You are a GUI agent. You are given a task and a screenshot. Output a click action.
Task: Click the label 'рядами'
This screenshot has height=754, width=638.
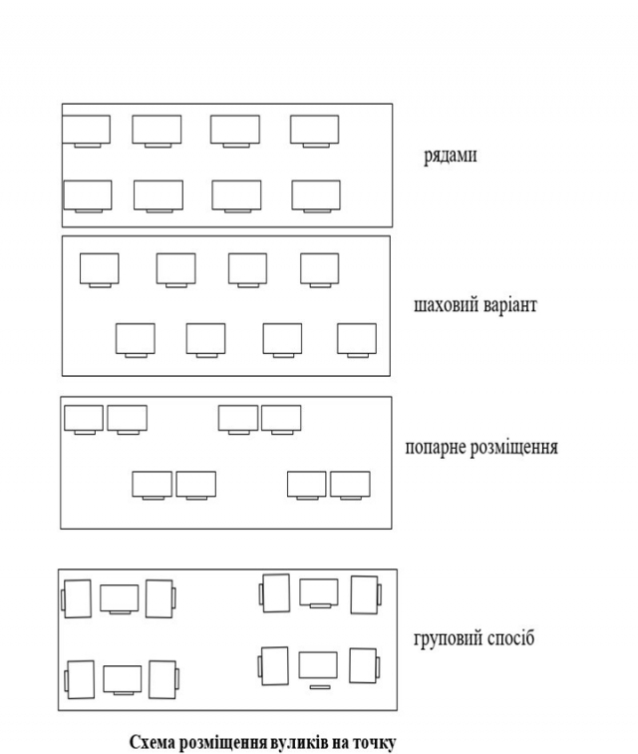[450, 156]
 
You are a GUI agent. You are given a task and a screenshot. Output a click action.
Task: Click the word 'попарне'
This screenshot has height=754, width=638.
[435, 447]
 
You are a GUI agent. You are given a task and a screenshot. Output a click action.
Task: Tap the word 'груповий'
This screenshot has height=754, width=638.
[448, 638]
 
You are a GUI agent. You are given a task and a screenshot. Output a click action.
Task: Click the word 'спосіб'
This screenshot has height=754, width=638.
[510, 638]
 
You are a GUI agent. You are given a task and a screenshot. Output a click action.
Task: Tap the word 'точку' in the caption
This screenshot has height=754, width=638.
[374, 742]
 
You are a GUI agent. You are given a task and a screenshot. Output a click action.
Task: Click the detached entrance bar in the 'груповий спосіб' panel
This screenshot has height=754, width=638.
[320, 687]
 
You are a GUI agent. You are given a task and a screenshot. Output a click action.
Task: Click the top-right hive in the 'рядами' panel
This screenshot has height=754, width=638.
[314, 131]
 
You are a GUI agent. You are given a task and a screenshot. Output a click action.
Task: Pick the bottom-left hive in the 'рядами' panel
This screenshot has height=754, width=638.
[88, 196]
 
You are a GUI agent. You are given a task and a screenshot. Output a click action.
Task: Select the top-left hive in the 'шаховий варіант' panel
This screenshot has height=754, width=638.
[100, 269]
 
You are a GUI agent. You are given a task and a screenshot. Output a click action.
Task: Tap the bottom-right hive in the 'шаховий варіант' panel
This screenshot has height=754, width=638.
[357, 340]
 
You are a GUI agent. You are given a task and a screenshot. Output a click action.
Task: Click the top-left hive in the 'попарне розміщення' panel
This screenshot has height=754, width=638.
[84, 419]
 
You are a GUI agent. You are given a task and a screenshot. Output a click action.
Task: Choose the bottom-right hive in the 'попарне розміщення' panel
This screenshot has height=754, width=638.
[350, 485]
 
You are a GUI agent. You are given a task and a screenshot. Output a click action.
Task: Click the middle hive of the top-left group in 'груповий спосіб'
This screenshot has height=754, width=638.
[120, 598]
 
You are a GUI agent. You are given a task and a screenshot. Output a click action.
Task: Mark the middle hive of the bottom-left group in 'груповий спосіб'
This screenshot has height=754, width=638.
[123, 679]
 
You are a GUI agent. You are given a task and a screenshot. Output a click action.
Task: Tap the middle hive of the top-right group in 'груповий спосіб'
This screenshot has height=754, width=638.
[319, 592]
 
